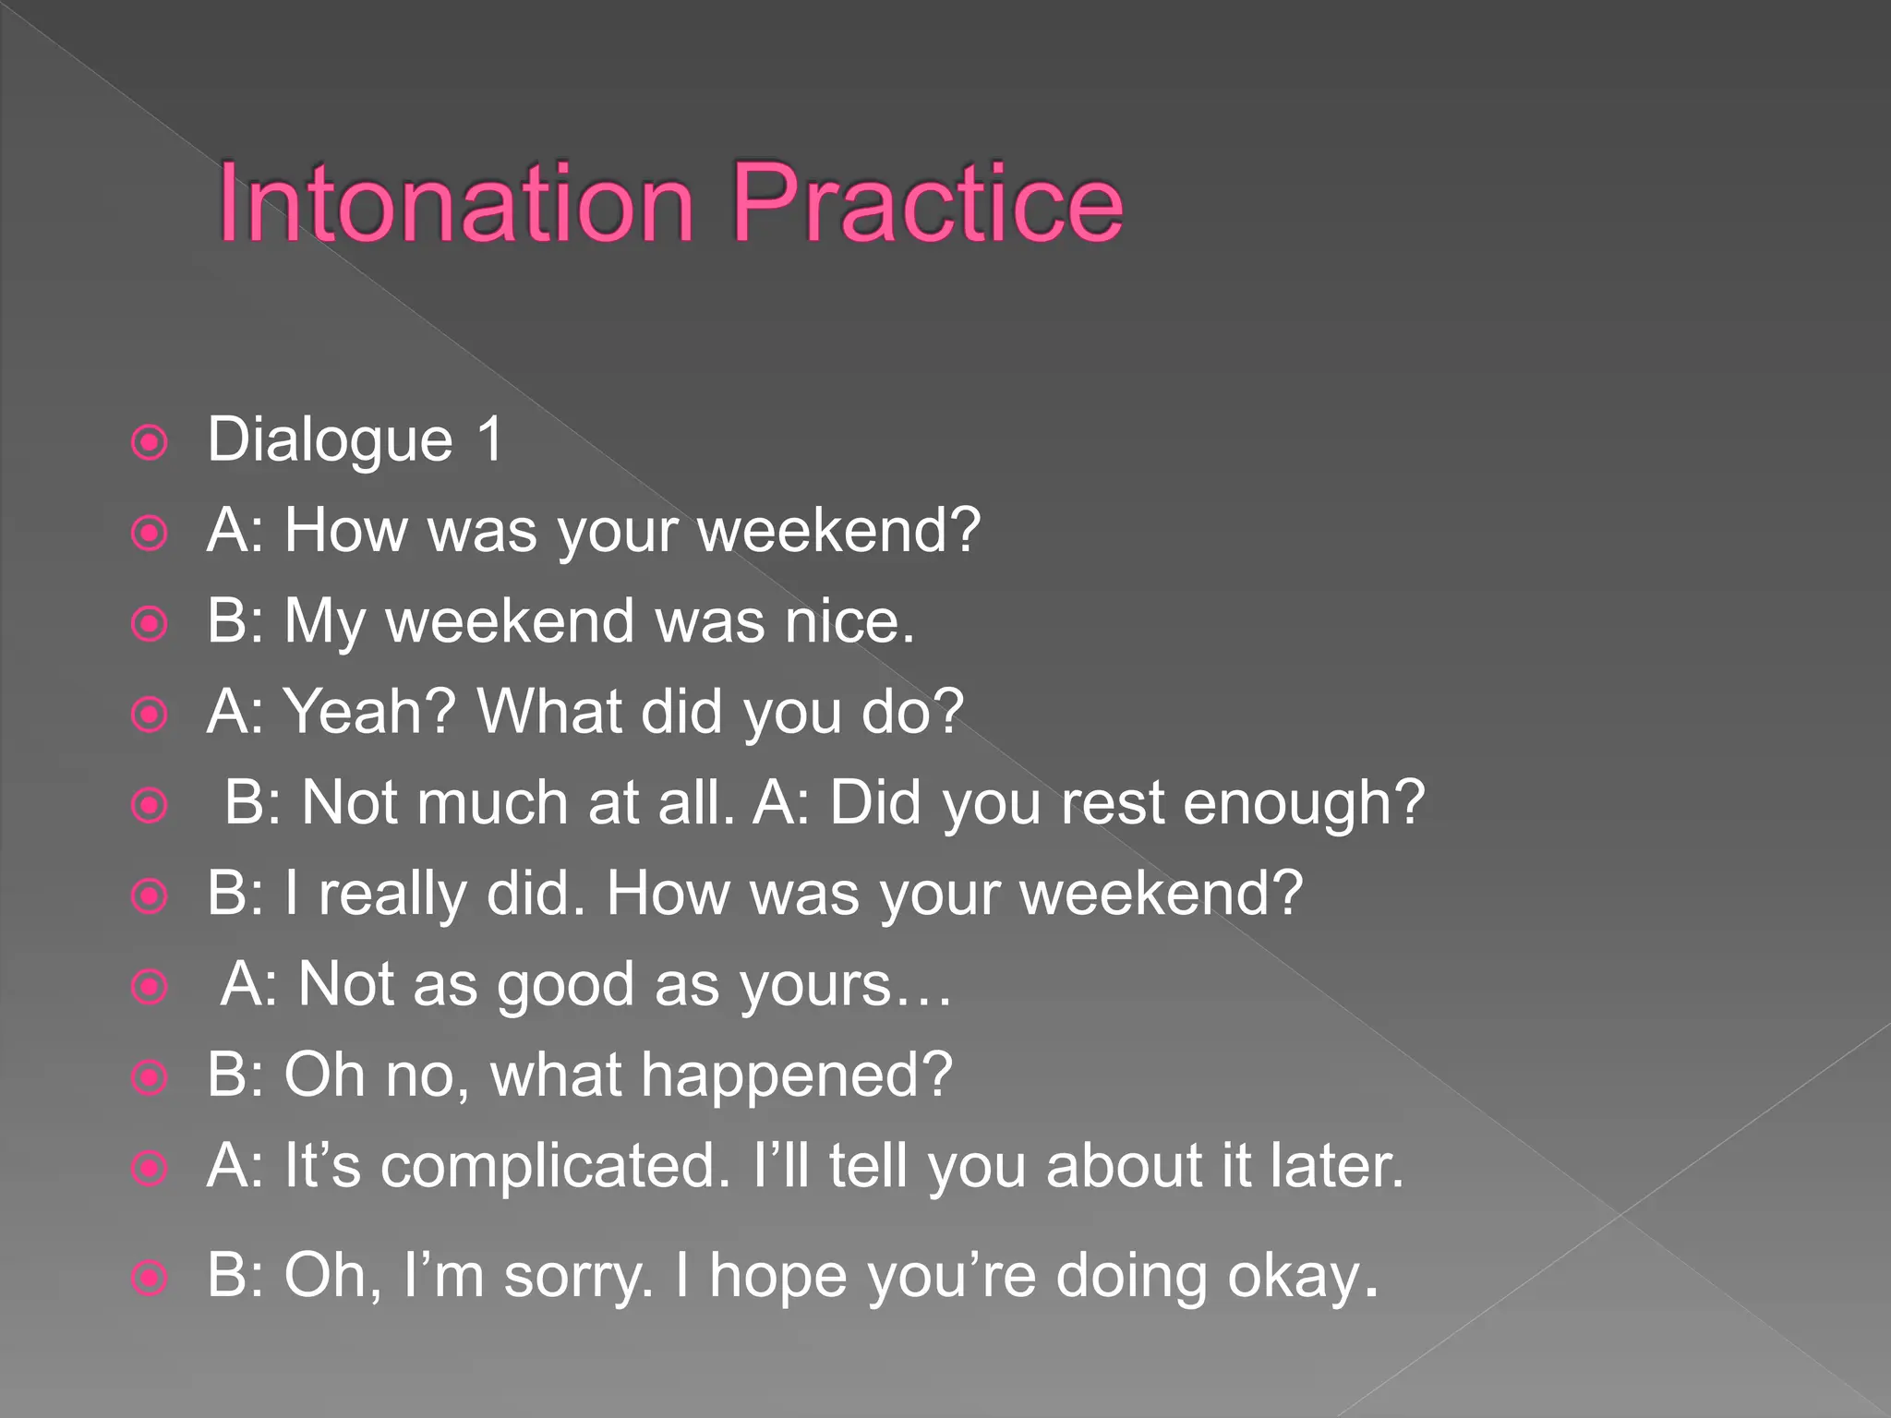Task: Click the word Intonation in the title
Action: (454, 203)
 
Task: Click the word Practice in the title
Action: (927, 203)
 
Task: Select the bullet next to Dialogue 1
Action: (150, 443)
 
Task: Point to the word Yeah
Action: (369, 711)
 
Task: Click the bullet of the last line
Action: (150, 1280)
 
